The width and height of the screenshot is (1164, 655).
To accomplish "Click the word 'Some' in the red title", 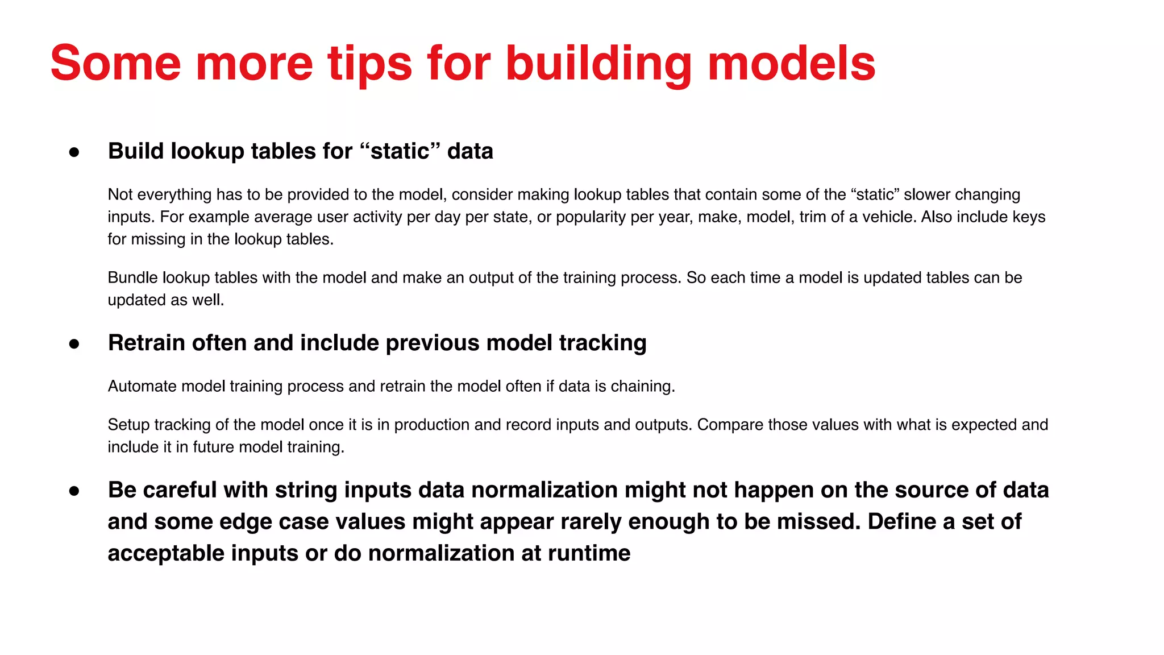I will click(115, 63).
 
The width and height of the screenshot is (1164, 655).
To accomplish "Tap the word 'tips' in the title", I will click(369, 63).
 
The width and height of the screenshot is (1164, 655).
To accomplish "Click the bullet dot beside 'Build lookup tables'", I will click(74, 152).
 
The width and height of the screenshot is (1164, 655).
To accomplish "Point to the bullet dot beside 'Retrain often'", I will click(74, 344).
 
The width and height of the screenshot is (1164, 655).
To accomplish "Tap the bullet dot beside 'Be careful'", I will click(74, 491).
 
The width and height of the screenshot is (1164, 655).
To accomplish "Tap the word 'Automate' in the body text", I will click(142, 386).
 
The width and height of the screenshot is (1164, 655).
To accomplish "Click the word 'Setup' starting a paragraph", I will click(128, 425).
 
